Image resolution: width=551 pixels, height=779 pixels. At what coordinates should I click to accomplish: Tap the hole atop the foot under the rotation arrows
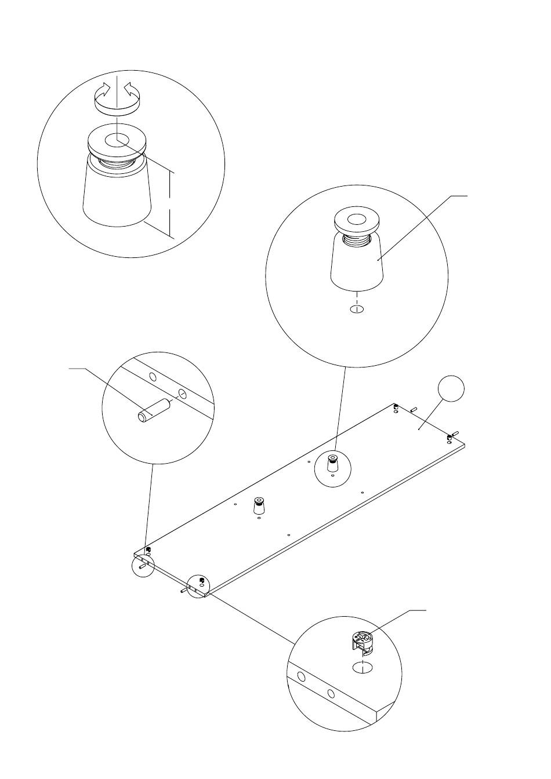(117, 140)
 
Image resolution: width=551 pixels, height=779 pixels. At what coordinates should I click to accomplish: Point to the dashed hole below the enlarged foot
(357, 309)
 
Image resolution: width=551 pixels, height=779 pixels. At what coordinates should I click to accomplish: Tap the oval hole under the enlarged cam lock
(362, 668)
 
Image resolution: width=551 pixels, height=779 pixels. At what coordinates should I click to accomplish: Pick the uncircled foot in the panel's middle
(258, 507)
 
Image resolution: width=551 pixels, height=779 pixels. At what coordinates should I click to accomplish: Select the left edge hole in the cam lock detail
(301, 677)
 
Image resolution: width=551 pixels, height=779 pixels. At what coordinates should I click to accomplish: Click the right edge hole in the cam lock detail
(331, 694)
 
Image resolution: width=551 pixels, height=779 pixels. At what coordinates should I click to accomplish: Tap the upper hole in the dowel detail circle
(153, 377)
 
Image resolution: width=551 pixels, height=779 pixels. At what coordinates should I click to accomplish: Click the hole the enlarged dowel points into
(183, 394)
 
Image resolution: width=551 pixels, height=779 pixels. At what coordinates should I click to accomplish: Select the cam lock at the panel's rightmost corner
(449, 437)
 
